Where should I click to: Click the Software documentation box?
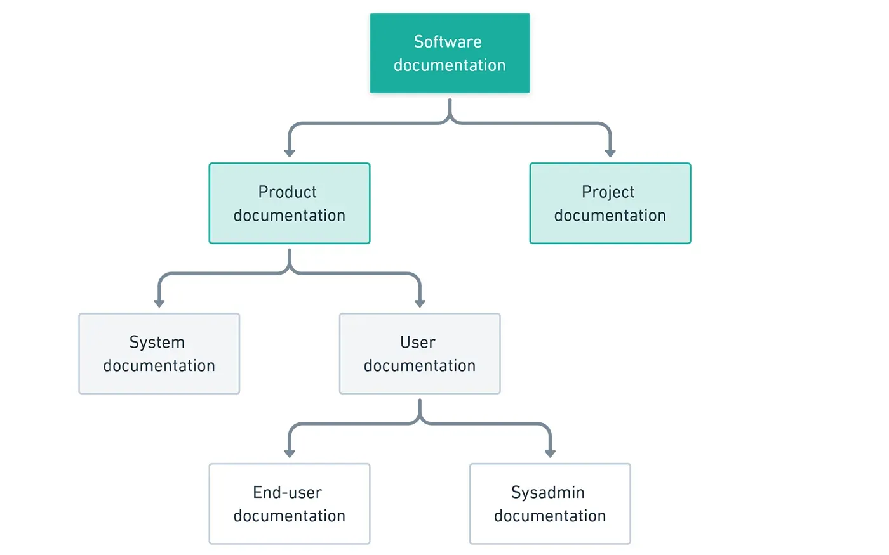tap(450, 53)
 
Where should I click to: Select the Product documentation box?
tap(290, 204)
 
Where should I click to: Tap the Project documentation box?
tap(610, 204)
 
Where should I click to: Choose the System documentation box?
tap(159, 354)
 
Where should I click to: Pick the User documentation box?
tap(420, 354)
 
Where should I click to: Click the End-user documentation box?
tap(290, 504)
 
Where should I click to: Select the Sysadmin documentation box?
tap(550, 504)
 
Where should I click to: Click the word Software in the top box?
tap(448, 42)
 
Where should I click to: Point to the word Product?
tap(287, 192)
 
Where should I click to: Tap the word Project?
tap(608, 192)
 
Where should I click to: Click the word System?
tap(157, 343)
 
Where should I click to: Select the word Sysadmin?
tap(547, 493)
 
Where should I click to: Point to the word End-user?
tap(287, 493)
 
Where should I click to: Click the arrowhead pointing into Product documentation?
tap(290, 153)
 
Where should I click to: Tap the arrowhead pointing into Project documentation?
tap(610, 153)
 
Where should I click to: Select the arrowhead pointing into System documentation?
tap(159, 303)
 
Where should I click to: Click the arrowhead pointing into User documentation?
tap(420, 303)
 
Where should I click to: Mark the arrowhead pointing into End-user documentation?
tap(290, 454)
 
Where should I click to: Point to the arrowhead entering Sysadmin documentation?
tap(550, 454)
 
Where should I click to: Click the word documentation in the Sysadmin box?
tap(550, 516)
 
